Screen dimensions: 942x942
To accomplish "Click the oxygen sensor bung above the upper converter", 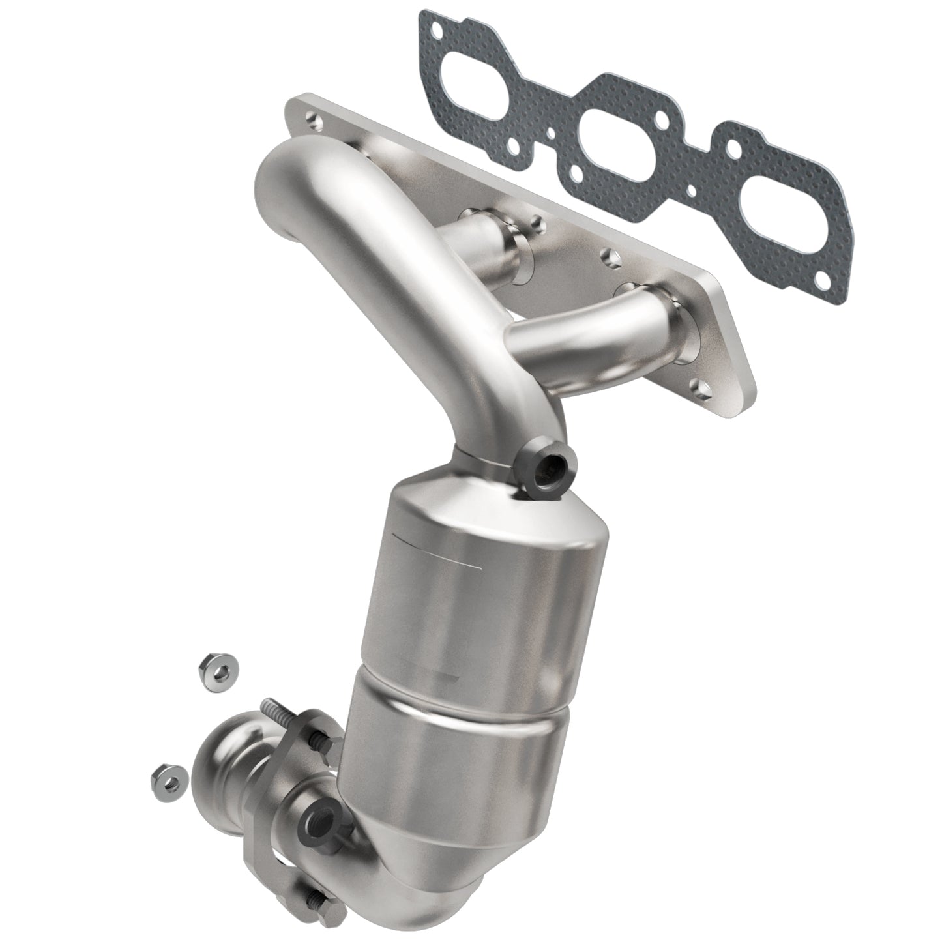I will click(544, 468).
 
